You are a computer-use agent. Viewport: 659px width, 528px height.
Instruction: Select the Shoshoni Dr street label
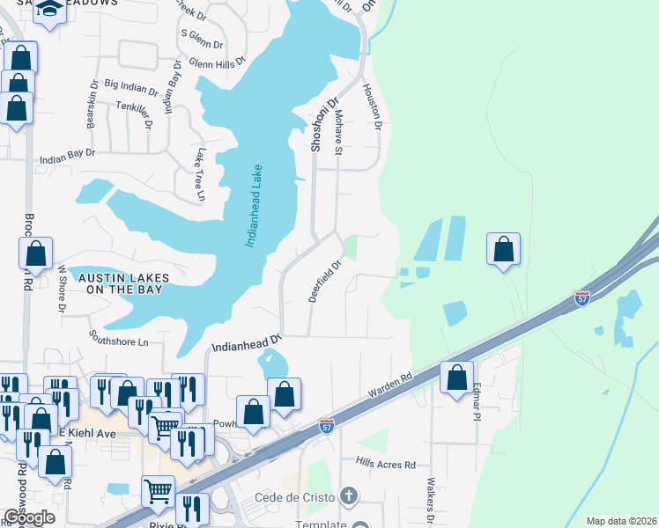click(x=323, y=125)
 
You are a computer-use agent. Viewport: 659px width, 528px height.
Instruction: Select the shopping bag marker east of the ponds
click(x=503, y=249)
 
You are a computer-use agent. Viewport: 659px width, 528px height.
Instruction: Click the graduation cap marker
click(x=50, y=11)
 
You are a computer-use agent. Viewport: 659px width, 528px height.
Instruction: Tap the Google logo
click(x=29, y=517)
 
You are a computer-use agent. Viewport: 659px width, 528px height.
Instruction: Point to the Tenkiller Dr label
click(x=134, y=106)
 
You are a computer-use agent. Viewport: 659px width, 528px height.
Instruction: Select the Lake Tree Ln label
click(x=200, y=173)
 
